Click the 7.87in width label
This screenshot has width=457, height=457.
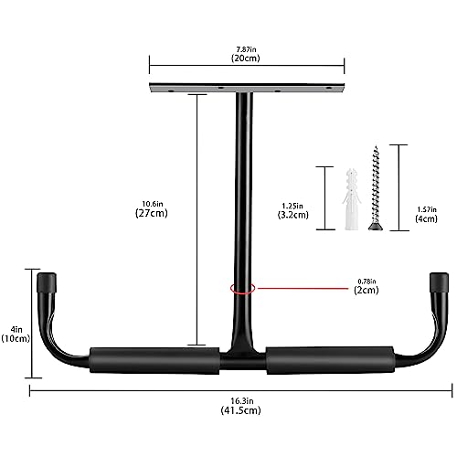coord(246,49)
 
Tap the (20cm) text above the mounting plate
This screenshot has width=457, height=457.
coord(246,58)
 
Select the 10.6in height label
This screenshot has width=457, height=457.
coord(153,204)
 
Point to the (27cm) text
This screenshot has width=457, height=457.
coord(152,213)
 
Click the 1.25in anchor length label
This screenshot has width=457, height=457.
coord(292,207)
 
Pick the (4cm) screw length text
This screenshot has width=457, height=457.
coord(426,218)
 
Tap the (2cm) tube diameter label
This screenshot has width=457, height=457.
coord(367,290)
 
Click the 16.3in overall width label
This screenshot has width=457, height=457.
coord(242,401)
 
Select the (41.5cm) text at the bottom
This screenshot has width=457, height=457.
coord(241,410)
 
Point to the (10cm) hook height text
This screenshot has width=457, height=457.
coord(16,338)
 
